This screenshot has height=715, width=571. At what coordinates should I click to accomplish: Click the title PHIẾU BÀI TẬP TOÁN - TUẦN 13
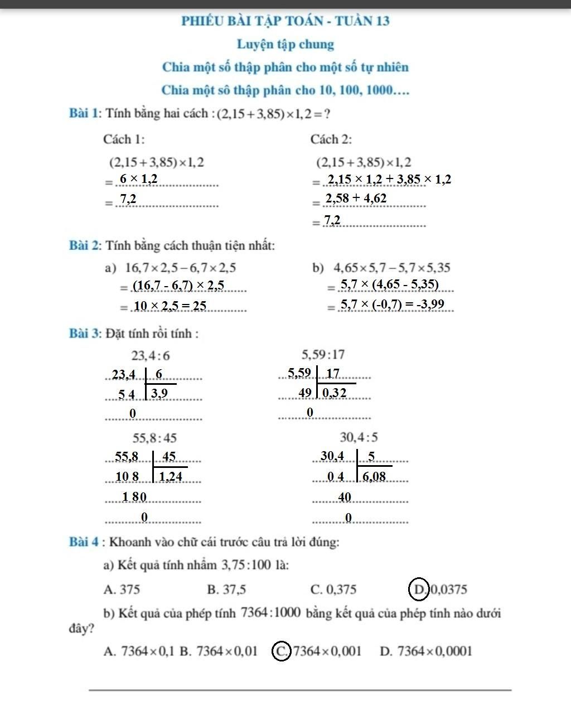(x=285, y=21)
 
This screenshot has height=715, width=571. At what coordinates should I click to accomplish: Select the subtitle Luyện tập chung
(x=285, y=44)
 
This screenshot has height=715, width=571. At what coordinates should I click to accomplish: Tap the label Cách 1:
(x=124, y=139)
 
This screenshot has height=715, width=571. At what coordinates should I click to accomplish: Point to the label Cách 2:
(x=331, y=139)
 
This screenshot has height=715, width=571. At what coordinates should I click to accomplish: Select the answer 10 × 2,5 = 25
(x=170, y=306)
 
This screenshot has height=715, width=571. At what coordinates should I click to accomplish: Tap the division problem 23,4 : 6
(x=151, y=355)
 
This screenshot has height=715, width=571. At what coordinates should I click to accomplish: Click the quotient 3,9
(x=159, y=394)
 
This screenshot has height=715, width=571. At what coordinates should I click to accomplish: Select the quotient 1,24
(x=171, y=476)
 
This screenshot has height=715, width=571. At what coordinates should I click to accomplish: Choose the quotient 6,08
(x=374, y=476)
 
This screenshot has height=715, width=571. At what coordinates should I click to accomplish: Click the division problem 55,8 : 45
(x=154, y=437)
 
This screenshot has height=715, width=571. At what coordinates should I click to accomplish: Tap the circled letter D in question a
(x=419, y=589)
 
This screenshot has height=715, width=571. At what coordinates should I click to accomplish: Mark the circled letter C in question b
(x=282, y=651)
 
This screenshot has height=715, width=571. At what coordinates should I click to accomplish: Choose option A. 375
(x=122, y=590)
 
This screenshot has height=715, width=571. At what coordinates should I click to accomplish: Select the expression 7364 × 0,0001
(x=434, y=651)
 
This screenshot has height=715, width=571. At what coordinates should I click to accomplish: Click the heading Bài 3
(x=84, y=334)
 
